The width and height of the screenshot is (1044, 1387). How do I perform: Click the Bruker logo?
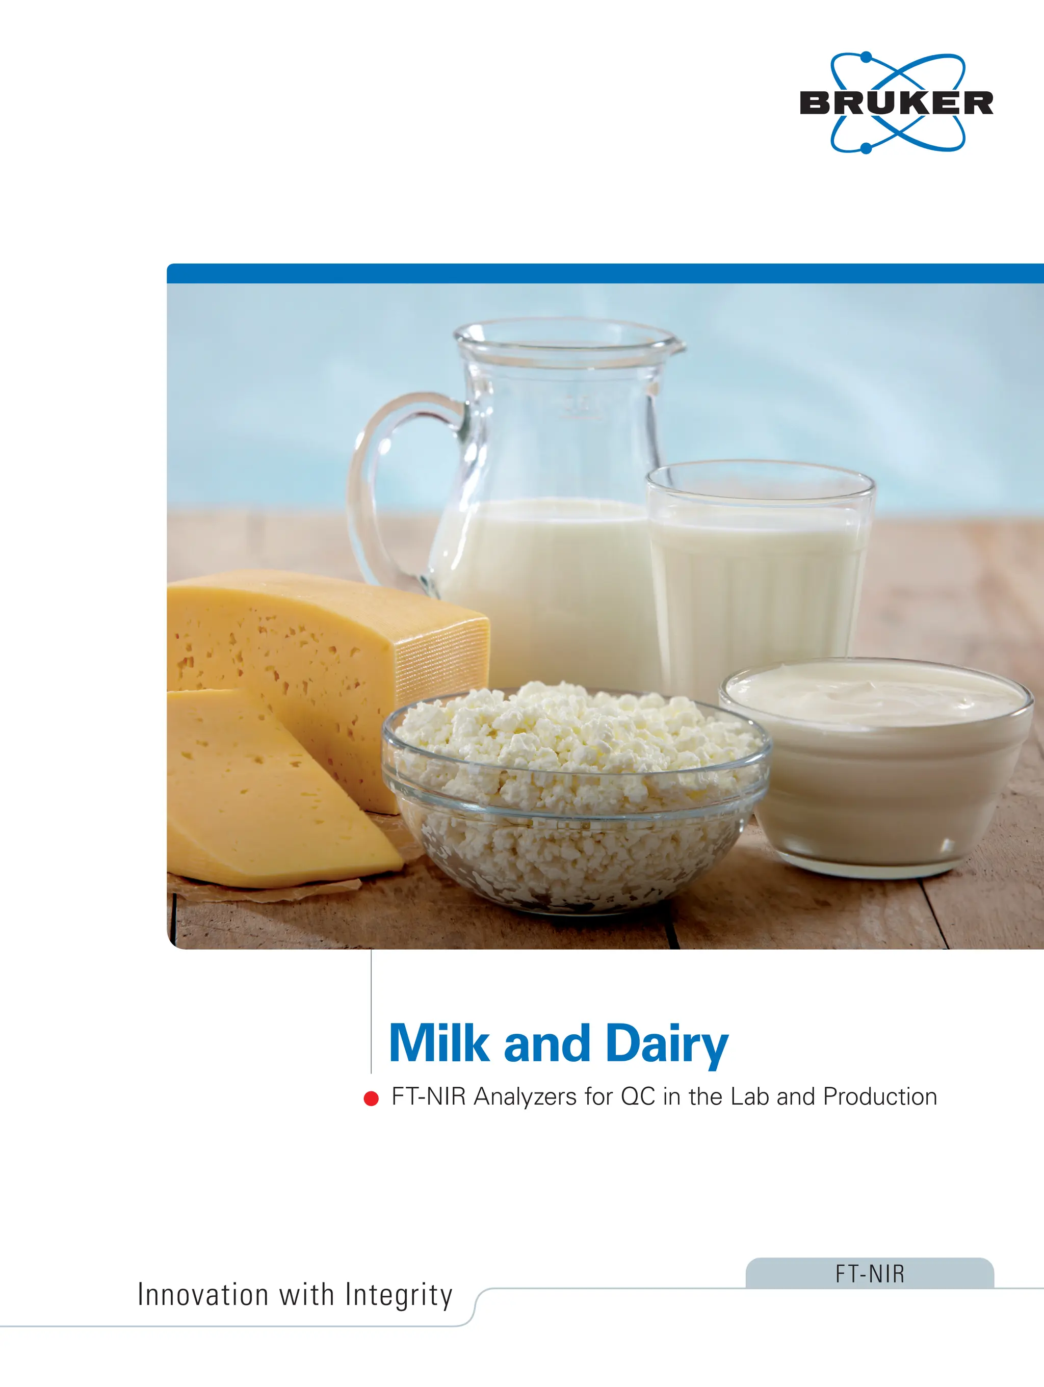click(x=897, y=103)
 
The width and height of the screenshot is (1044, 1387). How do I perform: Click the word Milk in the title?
click(x=438, y=1044)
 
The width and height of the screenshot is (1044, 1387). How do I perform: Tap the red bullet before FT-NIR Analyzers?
click(x=371, y=1098)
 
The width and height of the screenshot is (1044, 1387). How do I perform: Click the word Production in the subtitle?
click(x=880, y=1096)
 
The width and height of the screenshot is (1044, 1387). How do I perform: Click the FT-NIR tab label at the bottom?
click(x=870, y=1274)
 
